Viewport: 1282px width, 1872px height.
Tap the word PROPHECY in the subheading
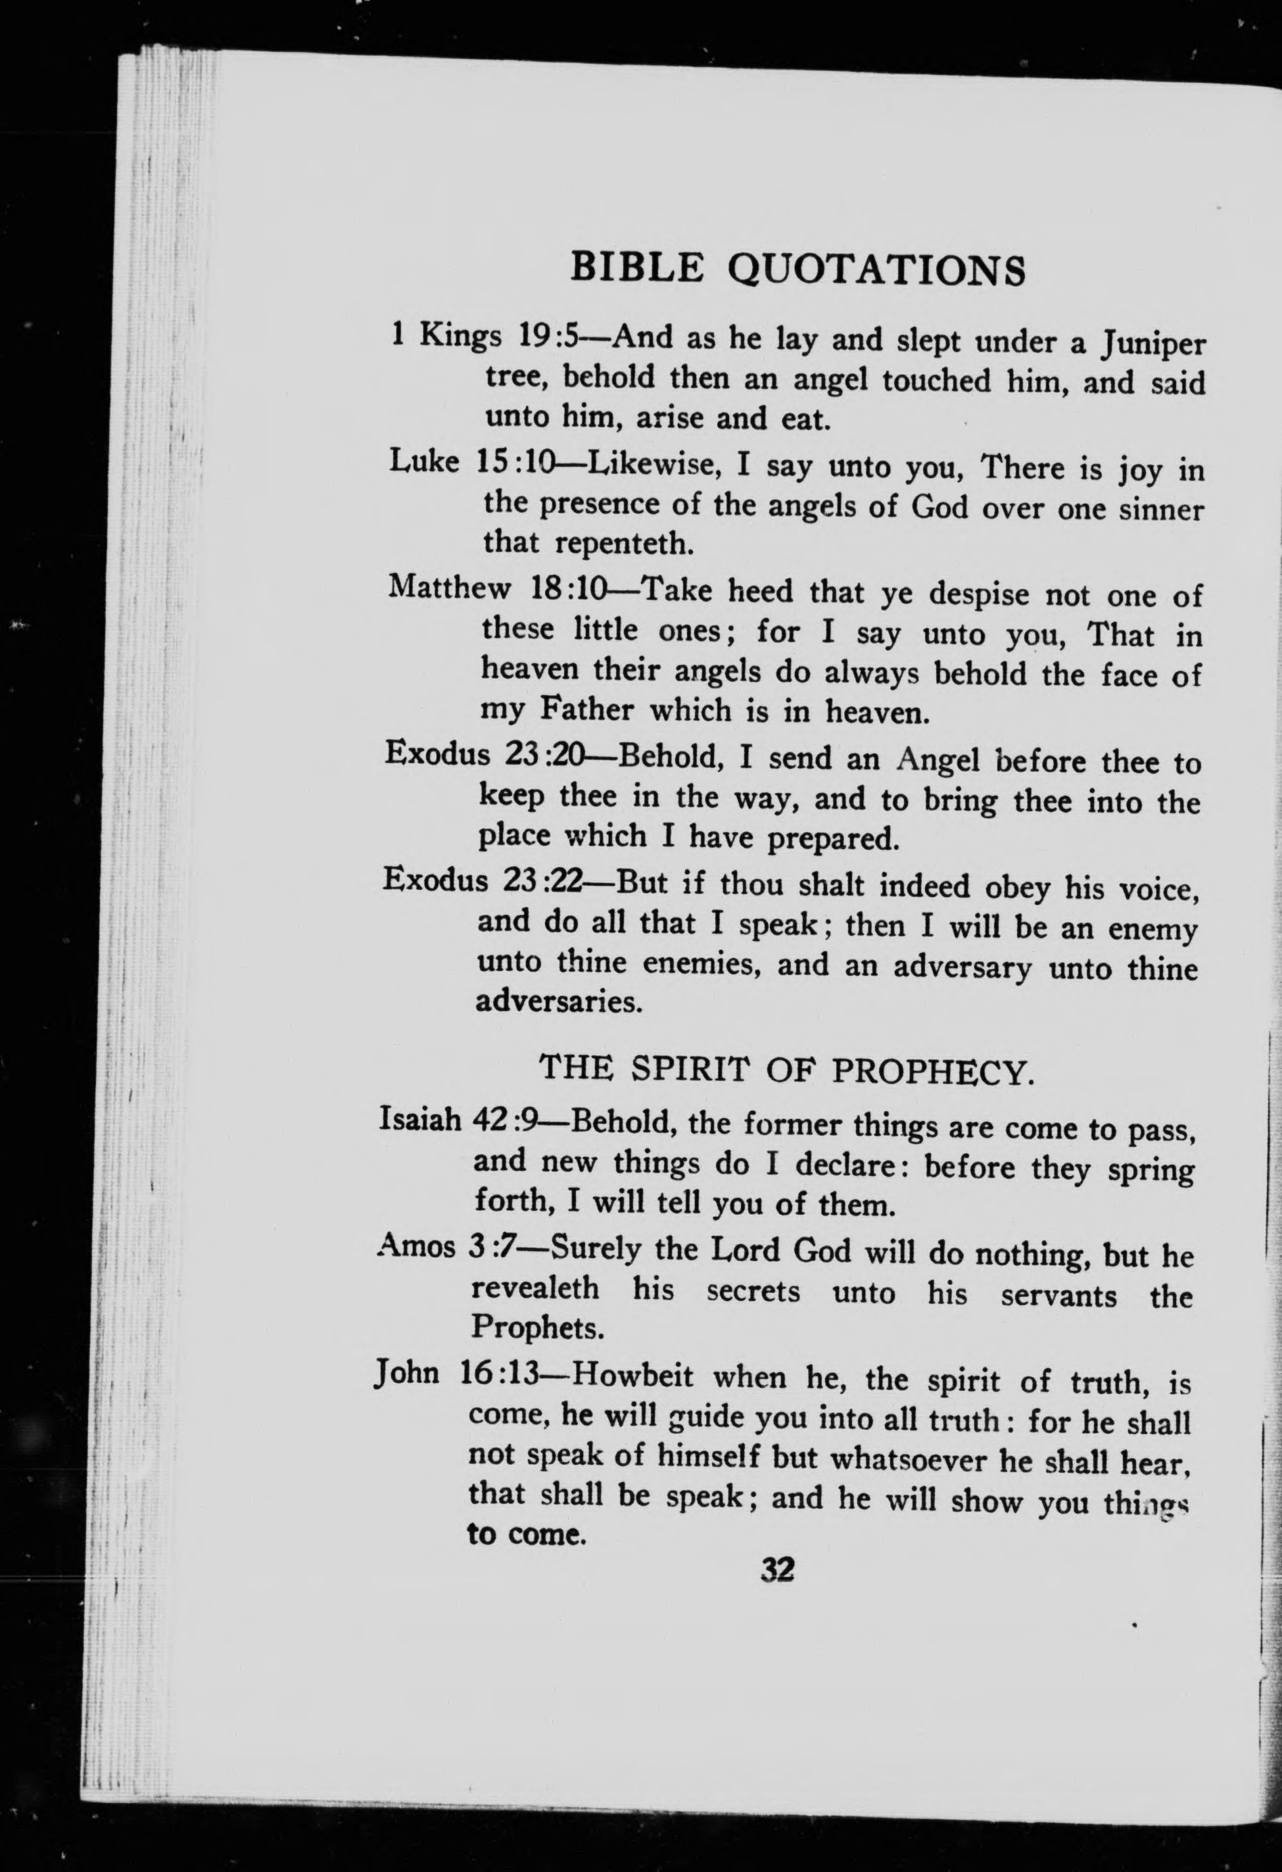[x=931, y=1071]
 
